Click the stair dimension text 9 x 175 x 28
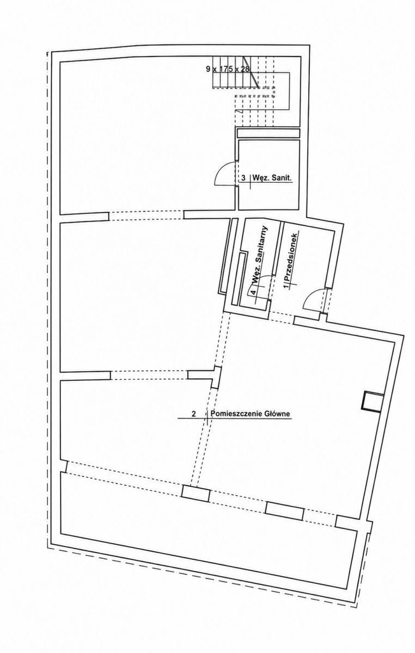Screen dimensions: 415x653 coord(228,69)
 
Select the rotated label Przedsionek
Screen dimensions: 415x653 coord(292,256)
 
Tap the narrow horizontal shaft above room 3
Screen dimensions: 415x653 coord(268,133)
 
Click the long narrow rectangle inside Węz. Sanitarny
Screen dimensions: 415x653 coord(239,279)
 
